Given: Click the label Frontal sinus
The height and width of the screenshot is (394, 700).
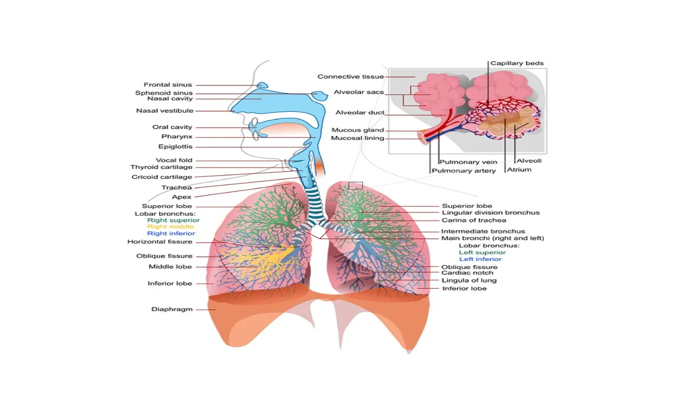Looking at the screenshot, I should click(167, 85).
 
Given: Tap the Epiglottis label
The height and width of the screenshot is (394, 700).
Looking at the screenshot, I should click(175, 147).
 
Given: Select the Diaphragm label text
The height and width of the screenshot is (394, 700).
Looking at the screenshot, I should click(172, 309).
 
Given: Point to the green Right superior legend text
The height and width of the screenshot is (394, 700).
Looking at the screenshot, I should click(173, 220).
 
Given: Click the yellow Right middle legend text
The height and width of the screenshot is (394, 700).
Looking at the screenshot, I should click(170, 227).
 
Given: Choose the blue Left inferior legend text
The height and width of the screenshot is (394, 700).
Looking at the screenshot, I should click(480, 259).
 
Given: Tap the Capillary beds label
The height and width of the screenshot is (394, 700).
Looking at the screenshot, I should click(516, 63).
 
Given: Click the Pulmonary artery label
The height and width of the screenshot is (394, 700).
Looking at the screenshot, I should click(463, 171).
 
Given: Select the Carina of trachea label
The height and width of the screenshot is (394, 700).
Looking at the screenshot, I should click(473, 220).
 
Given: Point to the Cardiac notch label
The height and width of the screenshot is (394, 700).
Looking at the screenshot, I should click(467, 273).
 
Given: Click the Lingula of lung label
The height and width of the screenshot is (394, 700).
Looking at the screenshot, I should click(469, 280).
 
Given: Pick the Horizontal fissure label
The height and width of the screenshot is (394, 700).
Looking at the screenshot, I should click(160, 242).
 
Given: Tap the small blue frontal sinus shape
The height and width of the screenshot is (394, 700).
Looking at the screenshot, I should click(262, 85).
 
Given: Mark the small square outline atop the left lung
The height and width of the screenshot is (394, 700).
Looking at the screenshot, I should click(355, 186).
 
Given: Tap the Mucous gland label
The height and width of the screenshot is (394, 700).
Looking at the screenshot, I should click(358, 130).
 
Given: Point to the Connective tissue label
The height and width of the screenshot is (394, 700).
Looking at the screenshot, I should click(350, 77).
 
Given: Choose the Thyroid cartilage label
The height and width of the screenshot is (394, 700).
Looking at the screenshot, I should click(161, 167).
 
